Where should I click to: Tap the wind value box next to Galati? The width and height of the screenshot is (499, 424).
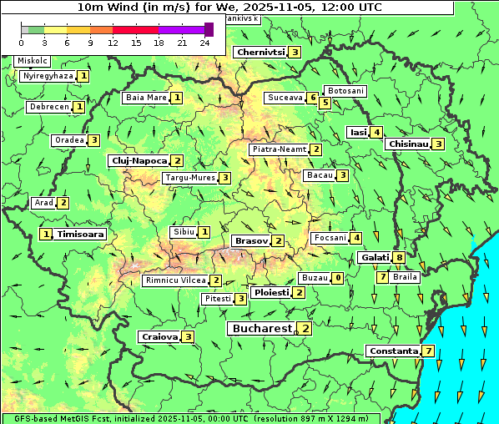click(x=400, y=258)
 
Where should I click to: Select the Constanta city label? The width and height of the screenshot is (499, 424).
click(x=393, y=351)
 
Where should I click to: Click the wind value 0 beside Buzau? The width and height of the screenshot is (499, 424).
click(x=337, y=278)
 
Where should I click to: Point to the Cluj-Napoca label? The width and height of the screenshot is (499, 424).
click(x=139, y=160)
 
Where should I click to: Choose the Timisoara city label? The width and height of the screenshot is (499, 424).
click(x=81, y=235)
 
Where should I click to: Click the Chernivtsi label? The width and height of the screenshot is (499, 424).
click(x=261, y=52)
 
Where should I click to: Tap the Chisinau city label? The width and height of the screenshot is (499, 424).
click(x=408, y=144)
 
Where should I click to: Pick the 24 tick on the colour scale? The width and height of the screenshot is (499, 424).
click(x=204, y=42)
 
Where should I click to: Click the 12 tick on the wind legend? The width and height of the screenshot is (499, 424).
click(x=113, y=42)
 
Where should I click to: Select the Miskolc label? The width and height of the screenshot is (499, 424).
click(x=32, y=61)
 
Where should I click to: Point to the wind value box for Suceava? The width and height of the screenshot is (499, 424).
click(x=313, y=98)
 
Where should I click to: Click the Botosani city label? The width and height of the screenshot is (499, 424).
click(x=345, y=90)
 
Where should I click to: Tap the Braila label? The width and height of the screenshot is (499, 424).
click(x=405, y=276)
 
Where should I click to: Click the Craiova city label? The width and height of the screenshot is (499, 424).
click(x=159, y=336)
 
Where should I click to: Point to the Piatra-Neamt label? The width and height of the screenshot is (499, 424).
click(x=280, y=149)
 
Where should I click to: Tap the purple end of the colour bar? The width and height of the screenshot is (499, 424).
click(x=209, y=29)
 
